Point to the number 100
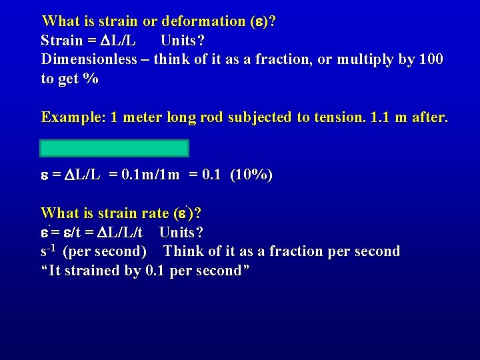point(430,59)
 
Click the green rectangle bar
point(115,148)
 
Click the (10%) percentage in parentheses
point(251,175)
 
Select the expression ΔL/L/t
point(126,233)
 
